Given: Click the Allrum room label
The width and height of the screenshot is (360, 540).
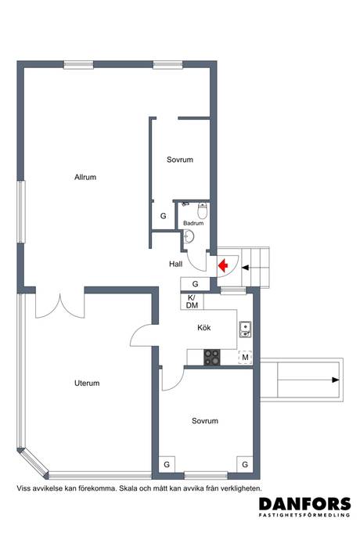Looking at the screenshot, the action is [85, 177].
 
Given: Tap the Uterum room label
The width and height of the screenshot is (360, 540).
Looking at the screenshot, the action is [87, 383].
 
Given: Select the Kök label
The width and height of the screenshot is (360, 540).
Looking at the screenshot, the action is [204, 327].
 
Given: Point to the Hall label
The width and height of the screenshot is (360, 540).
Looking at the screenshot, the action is [175, 265].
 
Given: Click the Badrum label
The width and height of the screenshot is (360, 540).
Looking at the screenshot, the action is [193, 223].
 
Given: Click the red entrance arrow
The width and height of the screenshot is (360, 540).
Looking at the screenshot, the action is [223, 265].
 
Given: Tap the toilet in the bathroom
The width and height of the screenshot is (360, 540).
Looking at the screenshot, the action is [203, 211].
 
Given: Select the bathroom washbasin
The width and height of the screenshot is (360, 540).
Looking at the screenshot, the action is [189, 237].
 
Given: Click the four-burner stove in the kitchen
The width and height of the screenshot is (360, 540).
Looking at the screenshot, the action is [212, 357].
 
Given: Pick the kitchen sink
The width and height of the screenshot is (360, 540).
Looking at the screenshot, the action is [245, 329].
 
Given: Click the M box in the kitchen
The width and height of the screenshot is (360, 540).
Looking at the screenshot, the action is [245, 358].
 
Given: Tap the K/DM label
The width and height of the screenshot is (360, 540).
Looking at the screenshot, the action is [192, 301].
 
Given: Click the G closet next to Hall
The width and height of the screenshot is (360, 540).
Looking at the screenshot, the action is [196, 284].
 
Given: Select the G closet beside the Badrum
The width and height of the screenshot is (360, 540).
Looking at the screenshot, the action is [164, 216].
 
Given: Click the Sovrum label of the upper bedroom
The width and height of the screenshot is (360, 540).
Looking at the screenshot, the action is [180, 160].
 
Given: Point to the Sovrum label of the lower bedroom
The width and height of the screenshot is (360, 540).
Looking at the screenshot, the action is [205, 420].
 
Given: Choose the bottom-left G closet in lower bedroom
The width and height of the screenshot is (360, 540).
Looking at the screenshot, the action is [167, 464].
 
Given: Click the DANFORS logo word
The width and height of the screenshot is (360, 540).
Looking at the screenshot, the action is [305, 504].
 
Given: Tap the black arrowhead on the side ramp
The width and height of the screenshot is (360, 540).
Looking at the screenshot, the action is [336, 380].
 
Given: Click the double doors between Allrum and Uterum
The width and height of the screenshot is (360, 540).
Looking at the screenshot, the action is [60, 307].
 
